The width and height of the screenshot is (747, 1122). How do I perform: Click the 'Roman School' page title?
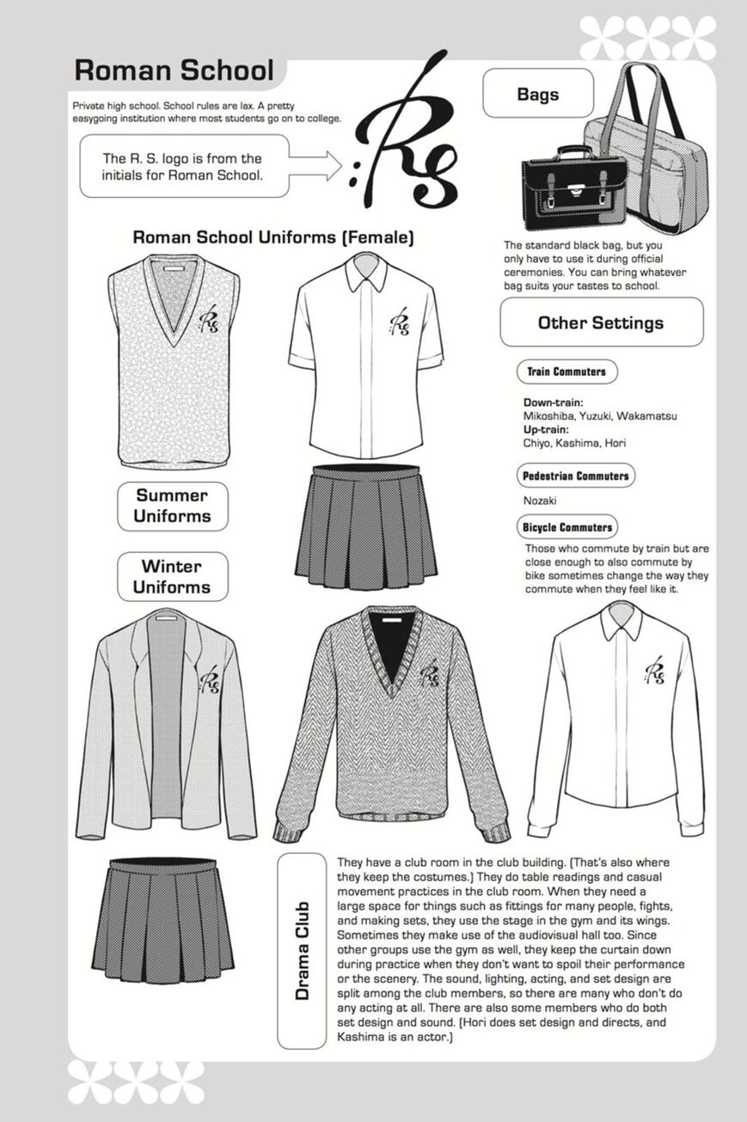[174, 71]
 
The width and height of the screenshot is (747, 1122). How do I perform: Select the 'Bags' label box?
[538, 93]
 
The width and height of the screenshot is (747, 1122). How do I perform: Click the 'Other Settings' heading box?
[601, 322]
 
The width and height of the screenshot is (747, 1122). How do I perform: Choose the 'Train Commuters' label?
[566, 371]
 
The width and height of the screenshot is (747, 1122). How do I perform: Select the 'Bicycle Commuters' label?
[567, 527]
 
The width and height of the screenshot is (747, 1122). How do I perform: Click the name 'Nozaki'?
[540, 500]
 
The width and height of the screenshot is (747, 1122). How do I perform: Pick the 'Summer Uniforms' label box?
[173, 506]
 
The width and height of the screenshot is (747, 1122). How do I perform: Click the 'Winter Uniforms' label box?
[173, 576]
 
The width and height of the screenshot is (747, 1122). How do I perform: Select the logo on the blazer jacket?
[209, 679]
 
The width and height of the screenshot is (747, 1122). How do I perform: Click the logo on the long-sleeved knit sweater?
[429, 671]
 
